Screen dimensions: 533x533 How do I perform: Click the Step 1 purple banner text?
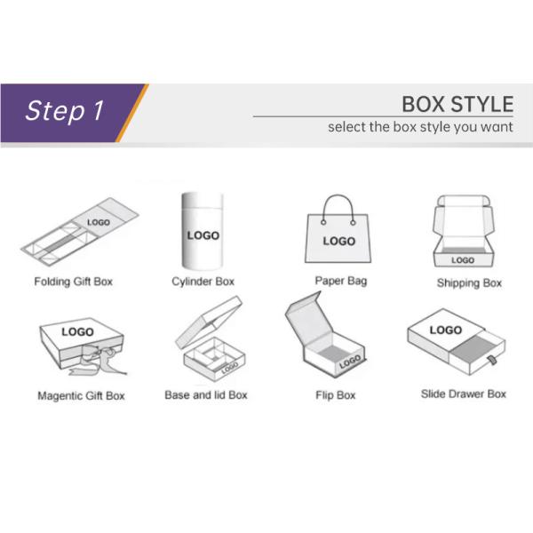click(x=65, y=110)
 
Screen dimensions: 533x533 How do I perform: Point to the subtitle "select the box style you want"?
click(x=420, y=127)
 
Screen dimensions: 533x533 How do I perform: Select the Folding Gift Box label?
click(x=74, y=282)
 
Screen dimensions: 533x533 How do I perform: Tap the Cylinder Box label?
click(x=203, y=282)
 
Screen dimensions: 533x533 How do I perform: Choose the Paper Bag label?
click(x=340, y=281)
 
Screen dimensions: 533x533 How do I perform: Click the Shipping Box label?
click(x=469, y=283)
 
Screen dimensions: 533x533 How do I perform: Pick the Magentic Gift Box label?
click(x=81, y=394)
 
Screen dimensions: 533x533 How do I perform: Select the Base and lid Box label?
click(x=206, y=394)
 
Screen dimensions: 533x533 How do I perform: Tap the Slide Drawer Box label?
click(x=463, y=393)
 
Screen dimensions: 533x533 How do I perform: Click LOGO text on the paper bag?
click(x=338, y=241)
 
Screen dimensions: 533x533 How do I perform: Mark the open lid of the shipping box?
click(x=462, y=218)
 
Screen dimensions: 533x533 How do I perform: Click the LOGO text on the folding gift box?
click(x=99, y=222)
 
